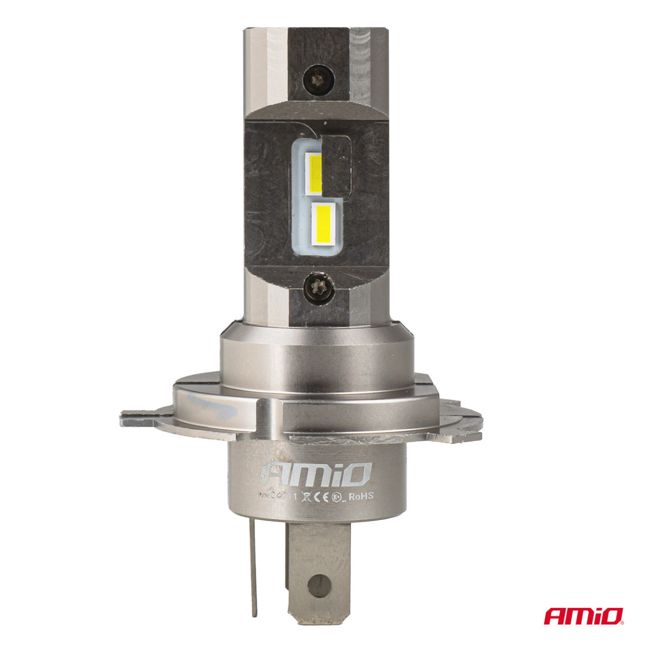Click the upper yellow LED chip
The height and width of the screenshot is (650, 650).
pos(315,173)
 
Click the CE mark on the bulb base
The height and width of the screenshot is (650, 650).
pos(321,495)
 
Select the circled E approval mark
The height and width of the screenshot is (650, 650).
pos(338,495)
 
